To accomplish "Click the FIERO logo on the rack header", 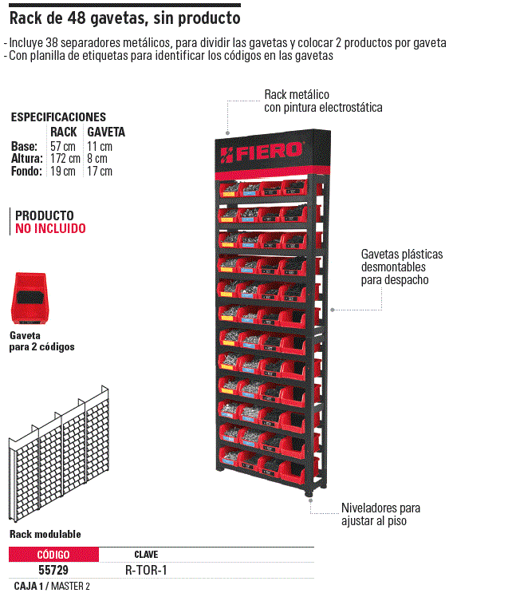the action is (262, 152).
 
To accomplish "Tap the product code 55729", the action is (53, 570).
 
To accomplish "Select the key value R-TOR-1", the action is (146, 570).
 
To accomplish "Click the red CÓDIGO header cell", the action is (53, 555).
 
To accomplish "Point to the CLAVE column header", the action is (146, 555).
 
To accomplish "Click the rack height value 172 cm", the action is (65, 159).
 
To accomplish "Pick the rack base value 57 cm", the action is (63, 146).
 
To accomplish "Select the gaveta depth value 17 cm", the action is (100, 171).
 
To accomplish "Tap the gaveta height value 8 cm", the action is (97, 159).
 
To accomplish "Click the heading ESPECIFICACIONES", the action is (58, 117).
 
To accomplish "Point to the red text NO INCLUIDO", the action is (50, 228).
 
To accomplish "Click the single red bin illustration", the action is (29, 298).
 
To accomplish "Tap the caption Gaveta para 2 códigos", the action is (42, 341).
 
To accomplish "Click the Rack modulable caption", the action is (45, 534).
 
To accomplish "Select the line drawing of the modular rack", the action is (58, 453).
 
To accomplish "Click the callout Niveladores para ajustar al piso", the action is (380, 514).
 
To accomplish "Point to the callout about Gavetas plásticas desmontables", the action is (402, 267).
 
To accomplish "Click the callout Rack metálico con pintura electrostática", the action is (323, 101).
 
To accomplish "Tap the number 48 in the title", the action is (77, 18).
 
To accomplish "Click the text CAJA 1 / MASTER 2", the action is (52, 586).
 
